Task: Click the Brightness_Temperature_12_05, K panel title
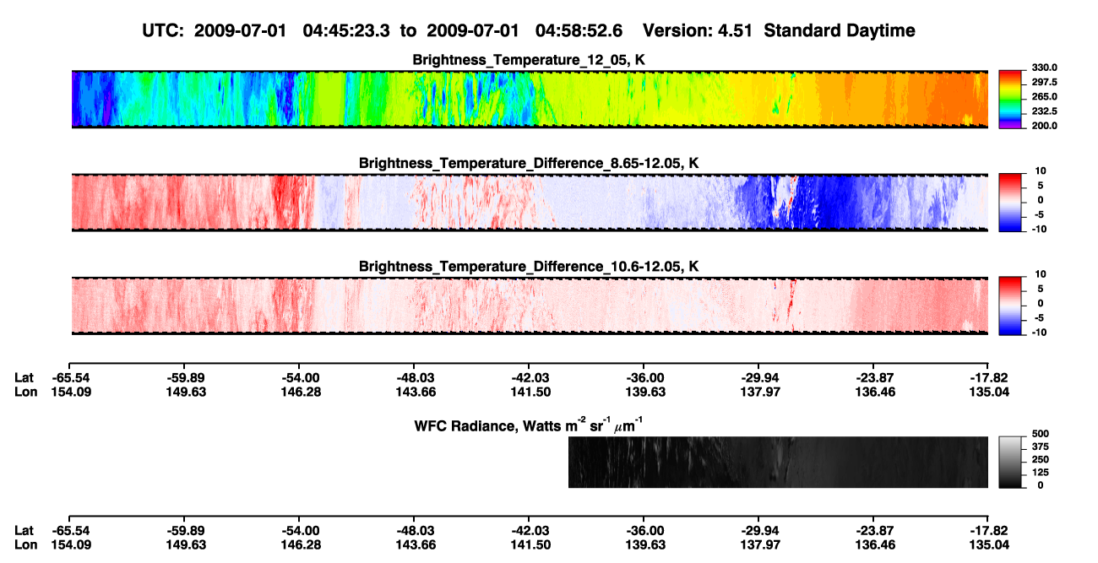click(529, 60)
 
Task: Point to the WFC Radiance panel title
click(529, 425)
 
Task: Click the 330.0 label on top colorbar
click(1044, 68)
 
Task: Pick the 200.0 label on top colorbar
click(1044, 126)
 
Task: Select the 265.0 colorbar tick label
click(1044, 96)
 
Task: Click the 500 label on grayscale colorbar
click(1041, 434)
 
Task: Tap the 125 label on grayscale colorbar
click(1041, 473)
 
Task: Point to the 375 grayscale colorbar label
click(1041, 447)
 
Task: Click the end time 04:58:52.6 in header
click(579, 30)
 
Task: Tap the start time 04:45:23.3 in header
click(346, 30)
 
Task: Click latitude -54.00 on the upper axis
click(301, 378)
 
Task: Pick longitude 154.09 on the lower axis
click(71, 545)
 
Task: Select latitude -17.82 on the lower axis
click(989, 531)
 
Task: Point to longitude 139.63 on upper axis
click(645, 392)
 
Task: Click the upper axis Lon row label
click(26, 392)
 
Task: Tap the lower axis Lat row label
click(24, 531)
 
